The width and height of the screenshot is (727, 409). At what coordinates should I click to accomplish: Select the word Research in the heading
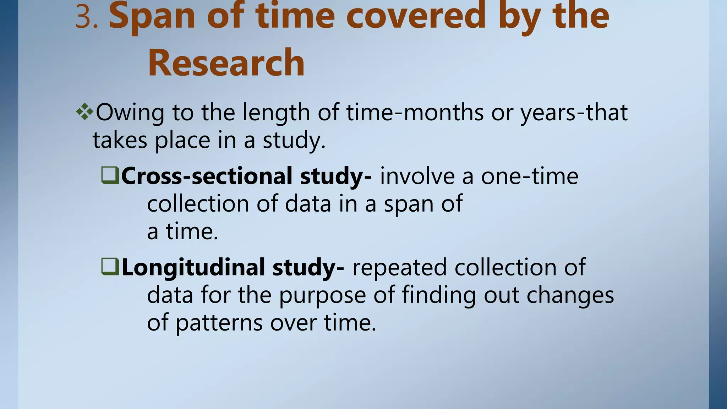(226, 63)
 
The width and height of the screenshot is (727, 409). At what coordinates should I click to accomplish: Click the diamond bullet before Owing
(84, 113)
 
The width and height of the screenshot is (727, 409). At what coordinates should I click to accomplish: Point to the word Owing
(130, 113)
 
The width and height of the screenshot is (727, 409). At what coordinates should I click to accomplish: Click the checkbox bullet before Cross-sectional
(110, 175)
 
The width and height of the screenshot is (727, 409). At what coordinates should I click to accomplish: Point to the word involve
(417, 176)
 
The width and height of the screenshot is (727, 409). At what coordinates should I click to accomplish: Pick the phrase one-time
(529, 176)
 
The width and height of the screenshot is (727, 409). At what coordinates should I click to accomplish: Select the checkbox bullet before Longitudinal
(110, 267)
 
